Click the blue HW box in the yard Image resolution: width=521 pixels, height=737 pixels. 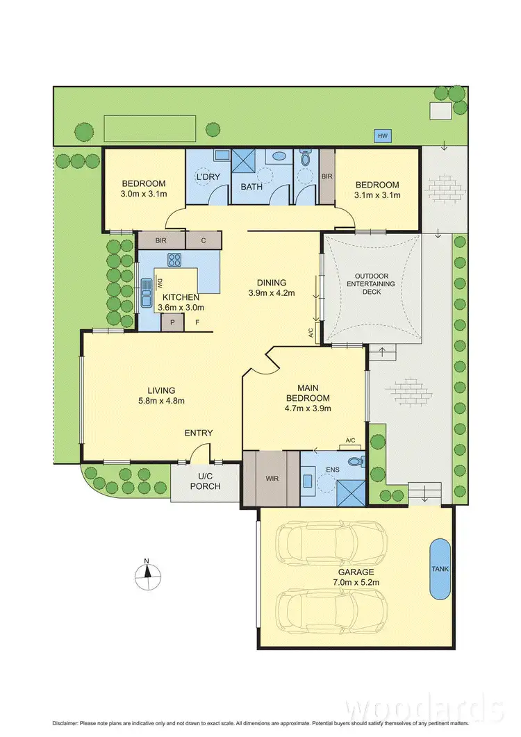pos(382,136)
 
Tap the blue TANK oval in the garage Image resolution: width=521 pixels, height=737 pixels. pos(440,569)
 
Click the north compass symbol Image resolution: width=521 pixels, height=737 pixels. pos(147,572)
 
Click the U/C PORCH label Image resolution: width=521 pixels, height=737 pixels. pos(205,481)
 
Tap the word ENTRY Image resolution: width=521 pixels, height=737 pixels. pos(199,433)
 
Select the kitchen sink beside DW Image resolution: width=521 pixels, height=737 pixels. pos(147,293)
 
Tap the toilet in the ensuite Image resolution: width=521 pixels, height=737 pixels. pos(356,461)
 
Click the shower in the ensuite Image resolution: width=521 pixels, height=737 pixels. pos(351,491)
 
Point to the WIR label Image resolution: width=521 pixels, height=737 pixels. pos(271,478)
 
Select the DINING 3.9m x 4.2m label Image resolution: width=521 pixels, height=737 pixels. pos(272,288)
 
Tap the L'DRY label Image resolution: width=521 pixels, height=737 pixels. pos(208,177)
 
